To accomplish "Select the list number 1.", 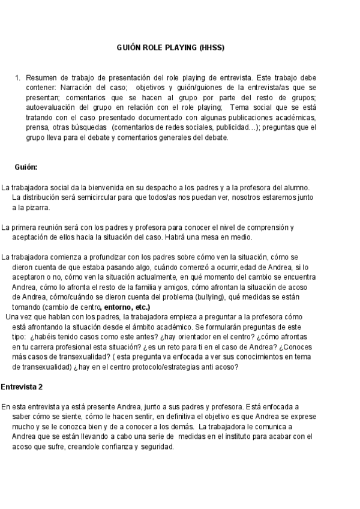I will [x=18, y=78].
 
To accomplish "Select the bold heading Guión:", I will [x=26, y=167].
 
